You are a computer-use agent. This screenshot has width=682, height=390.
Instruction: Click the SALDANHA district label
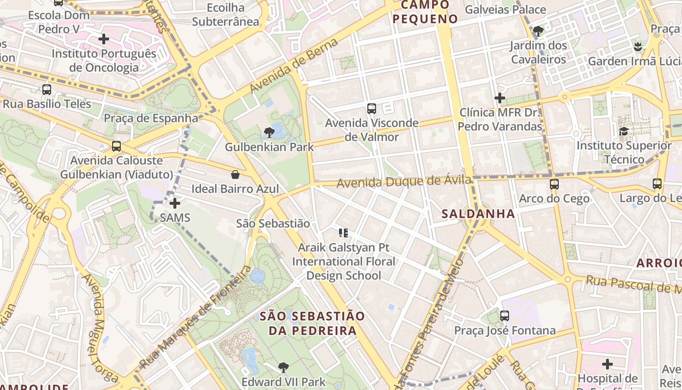point(478,214)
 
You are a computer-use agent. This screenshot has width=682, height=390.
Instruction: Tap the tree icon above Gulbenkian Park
point(268,132)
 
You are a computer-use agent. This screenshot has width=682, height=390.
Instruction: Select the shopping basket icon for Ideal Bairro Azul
point(235,175)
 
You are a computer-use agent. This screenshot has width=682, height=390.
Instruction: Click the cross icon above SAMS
point(175,203)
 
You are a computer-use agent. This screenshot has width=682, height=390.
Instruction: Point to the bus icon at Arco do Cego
point(554,184)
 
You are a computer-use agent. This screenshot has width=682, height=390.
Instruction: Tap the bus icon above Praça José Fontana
point(505,316)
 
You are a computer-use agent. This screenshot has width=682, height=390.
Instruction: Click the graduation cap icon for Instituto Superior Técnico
point(624,131)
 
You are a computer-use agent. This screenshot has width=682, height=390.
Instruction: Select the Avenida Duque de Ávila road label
point(404,182)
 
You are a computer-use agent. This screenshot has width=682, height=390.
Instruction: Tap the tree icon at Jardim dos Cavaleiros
point(538,31)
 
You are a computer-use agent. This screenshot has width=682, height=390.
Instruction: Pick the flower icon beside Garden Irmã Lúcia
point(638,47)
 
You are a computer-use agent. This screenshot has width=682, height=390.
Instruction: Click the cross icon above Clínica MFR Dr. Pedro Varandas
point(499,98)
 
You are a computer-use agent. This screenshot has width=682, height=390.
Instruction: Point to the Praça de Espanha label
point(151,118)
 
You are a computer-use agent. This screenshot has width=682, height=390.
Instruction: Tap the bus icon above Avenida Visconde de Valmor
point(372,108)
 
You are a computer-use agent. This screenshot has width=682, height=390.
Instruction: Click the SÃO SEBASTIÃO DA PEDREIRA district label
point(312,323)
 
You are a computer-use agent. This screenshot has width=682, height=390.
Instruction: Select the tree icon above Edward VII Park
point(283,368)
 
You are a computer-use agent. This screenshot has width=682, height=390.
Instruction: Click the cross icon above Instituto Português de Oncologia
point(104,39)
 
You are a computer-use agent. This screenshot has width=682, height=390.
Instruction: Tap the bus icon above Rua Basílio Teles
point(47,90)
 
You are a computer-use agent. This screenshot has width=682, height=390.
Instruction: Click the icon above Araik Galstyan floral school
point(343,233)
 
